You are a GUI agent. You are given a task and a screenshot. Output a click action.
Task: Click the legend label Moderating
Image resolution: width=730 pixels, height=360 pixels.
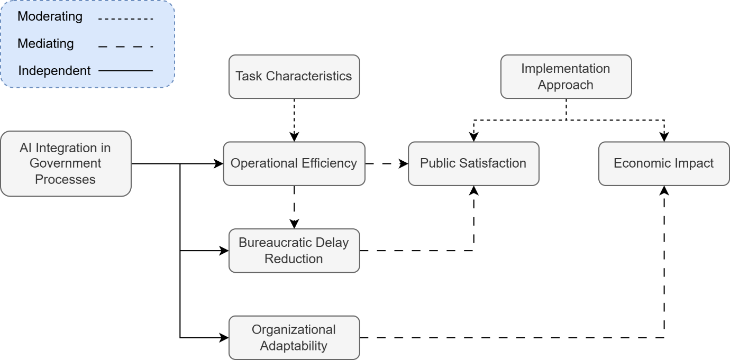[50, 16]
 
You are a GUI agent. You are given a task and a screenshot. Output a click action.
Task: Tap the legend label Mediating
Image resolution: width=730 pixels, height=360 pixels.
[45, 43]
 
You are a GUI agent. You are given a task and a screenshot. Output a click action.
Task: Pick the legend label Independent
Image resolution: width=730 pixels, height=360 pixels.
[54, 70]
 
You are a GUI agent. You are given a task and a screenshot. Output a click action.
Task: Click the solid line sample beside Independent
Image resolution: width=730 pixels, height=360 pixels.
[126, 70]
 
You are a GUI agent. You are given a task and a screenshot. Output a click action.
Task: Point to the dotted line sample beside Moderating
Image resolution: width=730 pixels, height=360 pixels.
[126, 19]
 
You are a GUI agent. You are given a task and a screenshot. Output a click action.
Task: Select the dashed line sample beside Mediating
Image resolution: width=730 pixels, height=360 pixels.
[126, 47]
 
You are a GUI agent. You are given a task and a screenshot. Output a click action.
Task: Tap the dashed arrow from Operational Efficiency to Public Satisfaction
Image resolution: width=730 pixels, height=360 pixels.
[386, 164]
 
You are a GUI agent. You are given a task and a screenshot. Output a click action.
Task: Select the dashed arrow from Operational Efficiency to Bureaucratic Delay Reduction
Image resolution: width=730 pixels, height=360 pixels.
[294, 206]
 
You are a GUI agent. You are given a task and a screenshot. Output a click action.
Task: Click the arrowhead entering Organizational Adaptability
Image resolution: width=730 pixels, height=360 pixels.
[224, 337]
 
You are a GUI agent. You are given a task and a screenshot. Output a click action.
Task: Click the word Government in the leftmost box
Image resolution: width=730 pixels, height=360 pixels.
[66, 164]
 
